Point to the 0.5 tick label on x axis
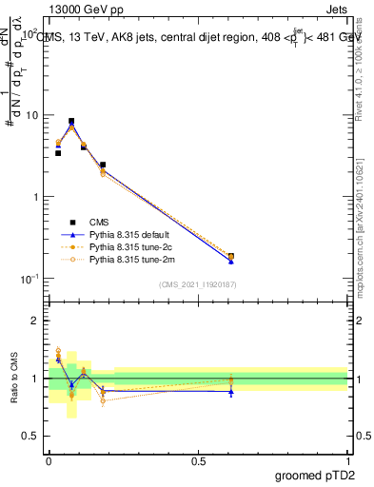pyautogui.click(x=198, y=459)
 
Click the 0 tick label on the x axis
pyautogui.click(x=49, y=459)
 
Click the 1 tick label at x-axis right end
pyautogui.click(x=348, y=459)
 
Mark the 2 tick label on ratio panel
pyautogui.click(x=35, y=321)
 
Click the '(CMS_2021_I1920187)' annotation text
pyautogui.click(x=198, y=283)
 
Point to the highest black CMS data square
pyautogui.click(x=71, y=122)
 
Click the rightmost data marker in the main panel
pyautogui.click(x=231, y=257)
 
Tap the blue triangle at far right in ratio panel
pyautogui.click(x=231, y=392)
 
